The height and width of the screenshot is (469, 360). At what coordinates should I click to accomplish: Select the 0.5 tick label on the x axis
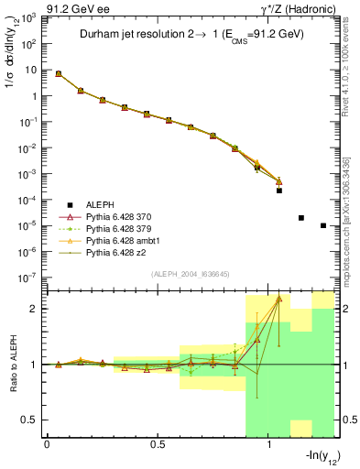[158, 445]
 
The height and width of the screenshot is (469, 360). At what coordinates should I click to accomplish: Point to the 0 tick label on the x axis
[47, 445]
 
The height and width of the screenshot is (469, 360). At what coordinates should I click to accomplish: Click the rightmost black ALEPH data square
[323, 225]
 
